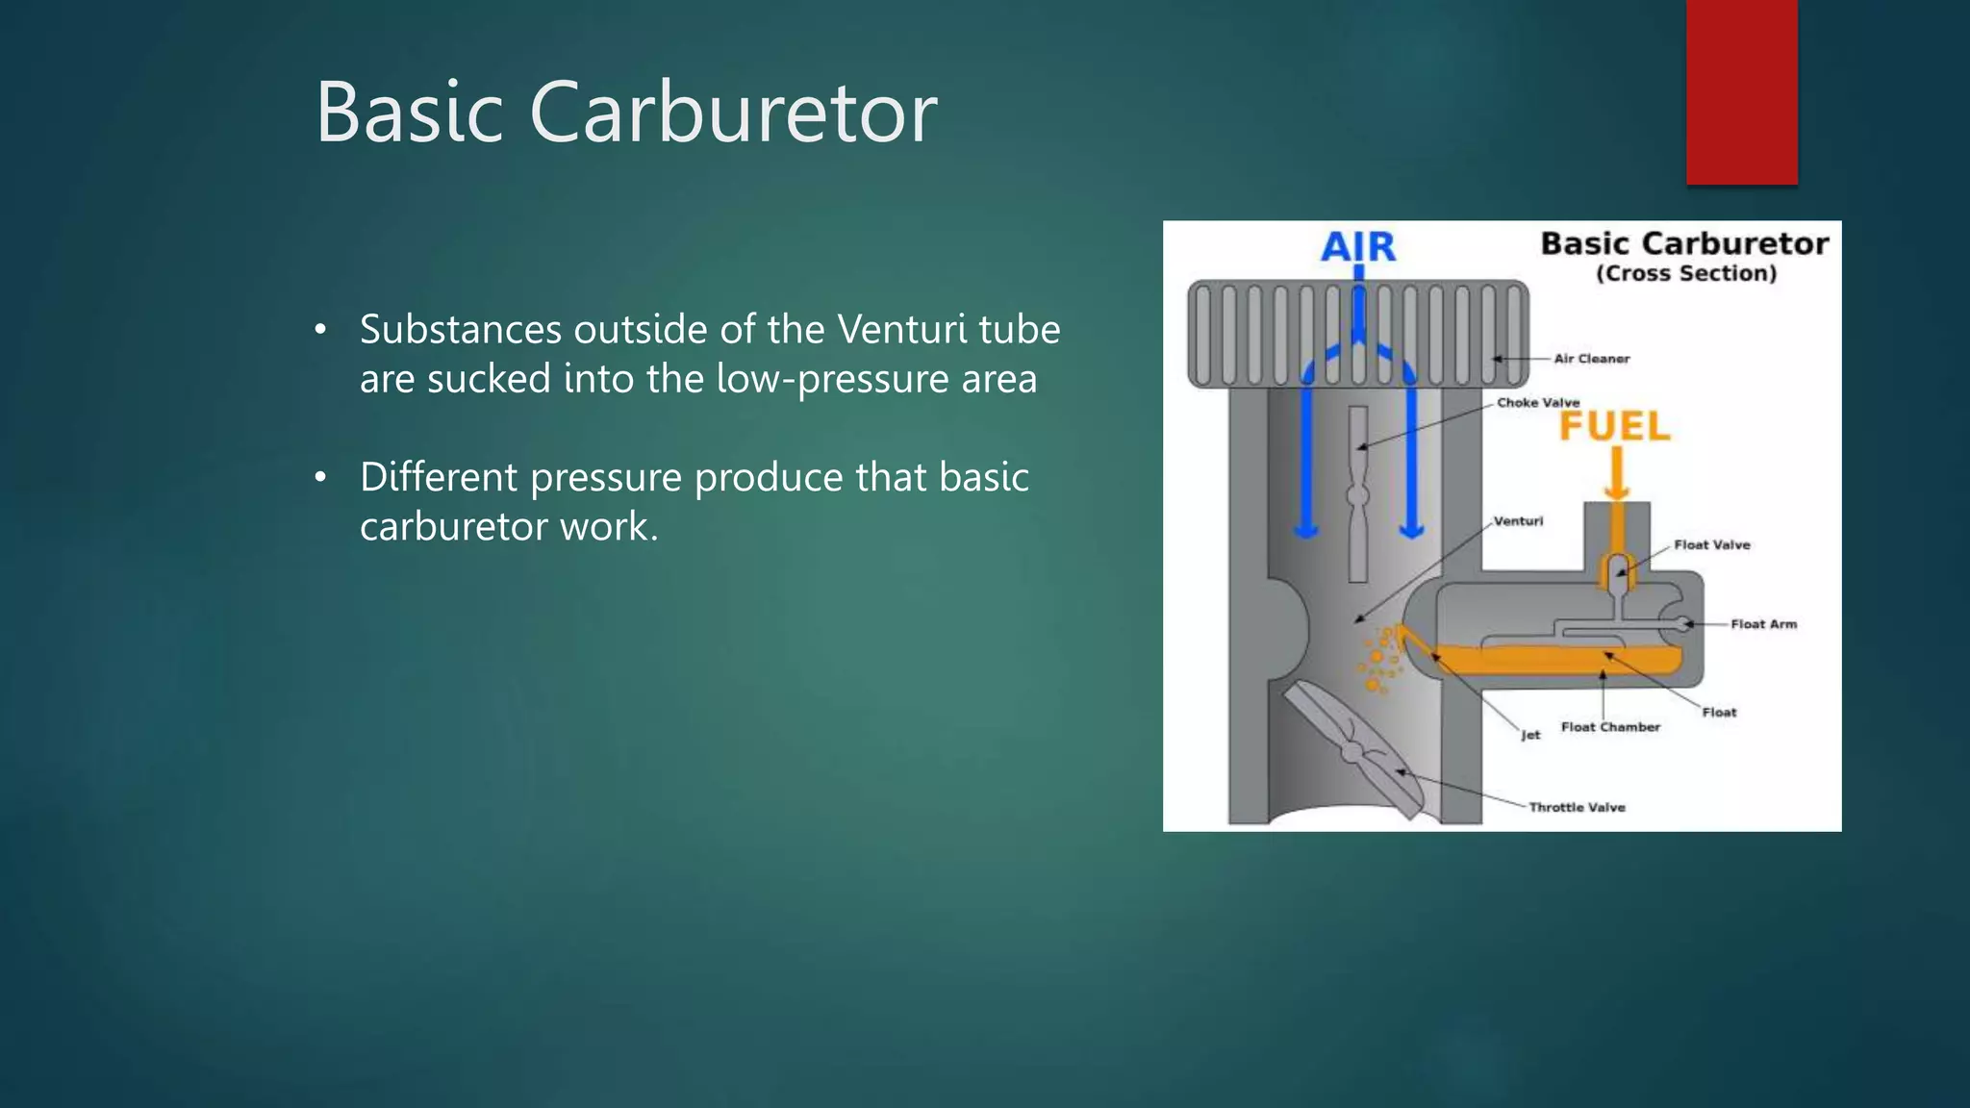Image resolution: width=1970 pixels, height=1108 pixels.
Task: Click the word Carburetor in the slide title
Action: pyautogui.click(x=733, y=113)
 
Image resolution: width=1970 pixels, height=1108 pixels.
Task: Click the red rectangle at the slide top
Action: pyautogui.click(x=1741, y=91)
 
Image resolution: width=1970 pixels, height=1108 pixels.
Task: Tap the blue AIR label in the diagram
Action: pyautogui.click(x=1357, y=246)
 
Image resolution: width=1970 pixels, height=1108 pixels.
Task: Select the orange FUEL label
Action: pyautogui.click(x=1614, y=426)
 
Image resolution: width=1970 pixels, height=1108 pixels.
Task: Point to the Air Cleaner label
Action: pyautogui.click(x=1591, y=359)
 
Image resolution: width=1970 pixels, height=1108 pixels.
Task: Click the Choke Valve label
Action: pyautogui.click(x=1538, y=403)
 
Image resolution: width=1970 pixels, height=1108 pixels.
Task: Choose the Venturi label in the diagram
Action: pyautogui.click(x=1518, y=521)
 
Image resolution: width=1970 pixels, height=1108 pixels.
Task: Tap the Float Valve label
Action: pyautogui.click(x=1711, y=545)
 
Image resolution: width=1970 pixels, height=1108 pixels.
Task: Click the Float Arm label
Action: pyautogui.click(x=1763, y=624)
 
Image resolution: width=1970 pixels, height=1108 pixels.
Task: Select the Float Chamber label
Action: pyautogui.click(x=1610, y=727)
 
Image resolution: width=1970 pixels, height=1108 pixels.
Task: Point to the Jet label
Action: pyautogui.click(x=1530, y=735)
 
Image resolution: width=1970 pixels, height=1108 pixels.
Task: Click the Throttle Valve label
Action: pyautogui.click(x=1577, y=807)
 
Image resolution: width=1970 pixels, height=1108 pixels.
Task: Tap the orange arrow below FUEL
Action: pyautogui.click(x=1617, y=474)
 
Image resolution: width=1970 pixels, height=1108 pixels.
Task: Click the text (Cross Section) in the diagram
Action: pyautogui.click(x=1685, y=274)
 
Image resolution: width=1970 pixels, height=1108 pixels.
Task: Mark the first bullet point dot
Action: pyautogui.click(x=321, y=331)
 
